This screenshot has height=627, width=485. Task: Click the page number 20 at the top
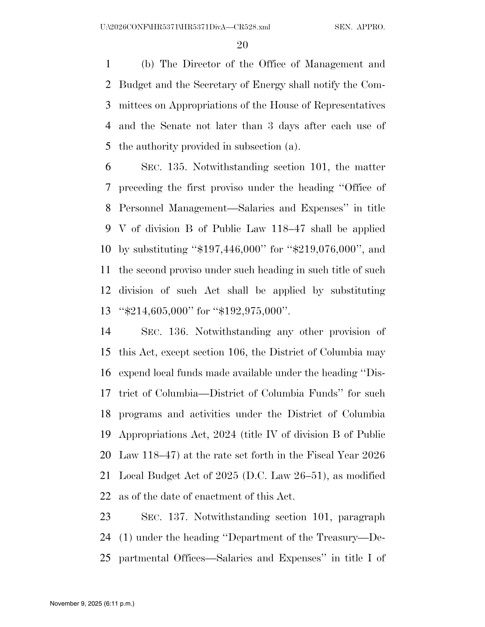tap(242, 45)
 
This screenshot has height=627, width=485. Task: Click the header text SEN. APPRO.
tap(360, 27)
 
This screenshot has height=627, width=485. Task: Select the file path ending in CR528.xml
tap(185, 27)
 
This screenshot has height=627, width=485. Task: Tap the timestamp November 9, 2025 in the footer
tap(92, 603)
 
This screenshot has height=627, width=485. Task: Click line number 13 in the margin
tap(106, 311)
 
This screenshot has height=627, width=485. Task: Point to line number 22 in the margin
tap(106, 496)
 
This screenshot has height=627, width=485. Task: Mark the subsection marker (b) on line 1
tap(148, 64)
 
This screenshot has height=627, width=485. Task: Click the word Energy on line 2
tap(270, 85)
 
